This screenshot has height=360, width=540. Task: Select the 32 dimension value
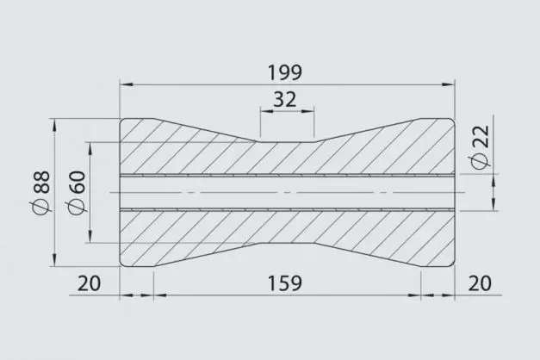287,100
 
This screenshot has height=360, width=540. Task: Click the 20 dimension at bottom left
88,283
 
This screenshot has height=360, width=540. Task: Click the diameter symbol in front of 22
480,162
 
